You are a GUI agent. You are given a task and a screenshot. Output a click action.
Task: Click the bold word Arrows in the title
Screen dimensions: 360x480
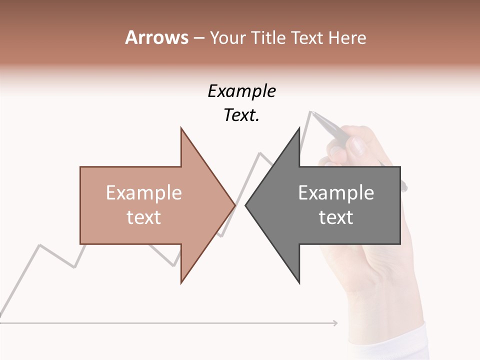[x=156, y=37]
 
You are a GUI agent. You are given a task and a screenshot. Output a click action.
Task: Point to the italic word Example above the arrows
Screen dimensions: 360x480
[x=241, y=91]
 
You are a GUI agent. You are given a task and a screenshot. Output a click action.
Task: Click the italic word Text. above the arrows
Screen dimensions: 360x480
[x=241, y=115]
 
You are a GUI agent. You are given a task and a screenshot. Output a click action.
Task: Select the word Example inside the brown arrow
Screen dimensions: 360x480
[x=144, y=193]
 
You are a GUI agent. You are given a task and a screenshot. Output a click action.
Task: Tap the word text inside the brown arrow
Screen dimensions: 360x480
[x=144, y=217]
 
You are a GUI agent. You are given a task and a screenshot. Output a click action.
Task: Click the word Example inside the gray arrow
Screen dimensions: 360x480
[x=336, y=193]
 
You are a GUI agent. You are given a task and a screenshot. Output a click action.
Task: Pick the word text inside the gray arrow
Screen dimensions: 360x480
[x=336, y=217]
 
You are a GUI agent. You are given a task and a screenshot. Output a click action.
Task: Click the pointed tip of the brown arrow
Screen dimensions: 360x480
[x=234, y=205]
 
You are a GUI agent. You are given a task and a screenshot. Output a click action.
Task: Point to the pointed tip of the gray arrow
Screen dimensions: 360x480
[x=246, y=205]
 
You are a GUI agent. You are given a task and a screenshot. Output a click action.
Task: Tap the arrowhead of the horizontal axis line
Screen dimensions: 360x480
[x=335, y=323]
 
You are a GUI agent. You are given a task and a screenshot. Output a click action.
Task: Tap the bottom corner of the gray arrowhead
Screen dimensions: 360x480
[x=299, y=282]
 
